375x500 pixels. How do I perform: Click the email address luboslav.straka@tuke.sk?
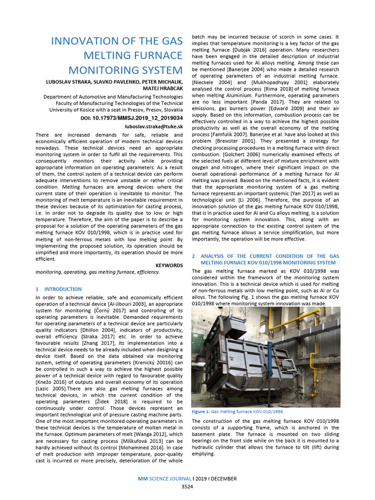[x=154, y=126]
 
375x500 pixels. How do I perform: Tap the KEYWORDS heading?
[x=169, y=265]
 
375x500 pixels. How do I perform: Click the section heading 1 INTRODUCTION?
[x=59, y=289]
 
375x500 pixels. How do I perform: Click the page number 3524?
[x=187, y=487]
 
